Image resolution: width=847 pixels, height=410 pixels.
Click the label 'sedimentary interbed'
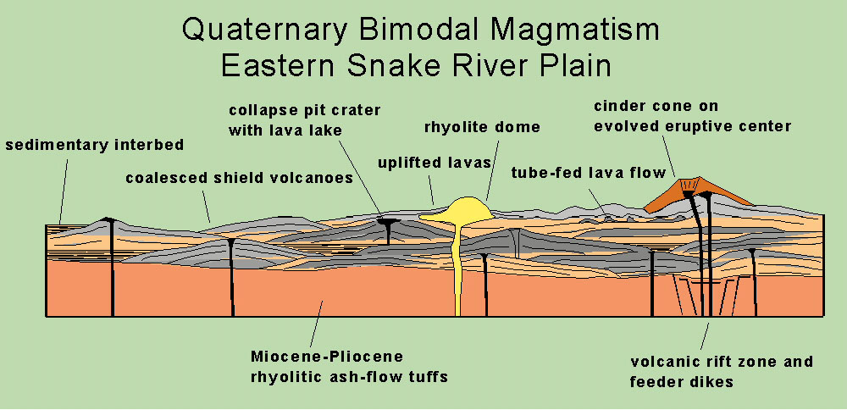[94, 145]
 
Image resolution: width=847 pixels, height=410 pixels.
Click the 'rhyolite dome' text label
[482, 127]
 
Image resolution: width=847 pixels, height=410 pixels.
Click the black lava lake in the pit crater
[387, 222]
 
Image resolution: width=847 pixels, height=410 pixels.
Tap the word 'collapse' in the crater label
[262, 110]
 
